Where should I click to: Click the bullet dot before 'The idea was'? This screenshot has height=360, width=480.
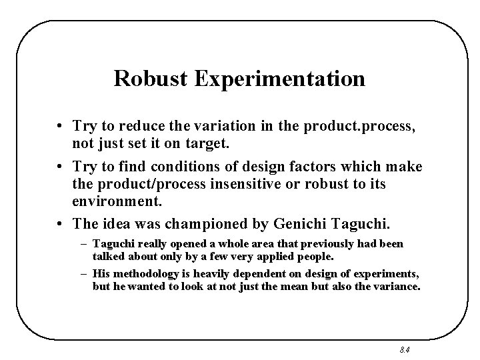[60, 220]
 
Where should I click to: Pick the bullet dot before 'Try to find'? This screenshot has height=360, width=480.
[60, 166]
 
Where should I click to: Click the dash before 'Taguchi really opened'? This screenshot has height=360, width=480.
[85, 244]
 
